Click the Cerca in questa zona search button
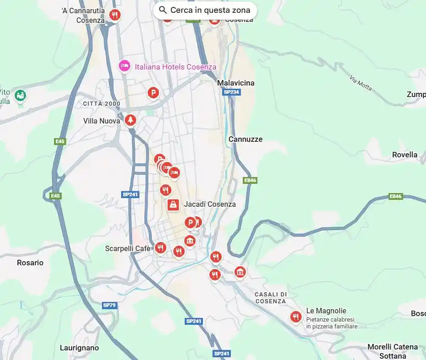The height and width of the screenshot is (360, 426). (x=205, y=10)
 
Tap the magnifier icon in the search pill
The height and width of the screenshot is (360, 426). (x=163, y=10)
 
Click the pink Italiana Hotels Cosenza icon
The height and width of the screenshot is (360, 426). (x=124, y=66)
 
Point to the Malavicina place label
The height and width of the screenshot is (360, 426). (x=236, y=83)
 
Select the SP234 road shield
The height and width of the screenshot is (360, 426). (x=231, y=92)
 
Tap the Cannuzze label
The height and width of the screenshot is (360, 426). (x=245, y=139)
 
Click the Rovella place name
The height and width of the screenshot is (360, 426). (x=405, y=155)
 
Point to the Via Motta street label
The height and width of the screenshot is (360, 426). (x=361, y=83)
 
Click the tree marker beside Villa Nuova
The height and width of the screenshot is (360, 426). (x=131, y=120)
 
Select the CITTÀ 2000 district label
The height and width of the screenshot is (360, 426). (x=101, y=104)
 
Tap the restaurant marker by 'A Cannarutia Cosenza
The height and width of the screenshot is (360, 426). (x=115, y=15)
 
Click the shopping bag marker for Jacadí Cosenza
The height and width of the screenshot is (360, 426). (x=173, y=204)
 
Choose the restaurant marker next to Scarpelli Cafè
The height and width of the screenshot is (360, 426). (x=160, y=248)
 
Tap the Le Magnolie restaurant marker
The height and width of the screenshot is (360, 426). (x=296, y=317)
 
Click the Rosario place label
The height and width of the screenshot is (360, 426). (x=30, y=263)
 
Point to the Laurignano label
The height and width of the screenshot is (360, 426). (x=79, y=348)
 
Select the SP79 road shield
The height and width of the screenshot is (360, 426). (x=109, y=305)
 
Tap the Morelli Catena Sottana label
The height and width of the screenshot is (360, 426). (x=393, y=351)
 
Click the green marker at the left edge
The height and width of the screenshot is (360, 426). (x=20, y=96)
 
